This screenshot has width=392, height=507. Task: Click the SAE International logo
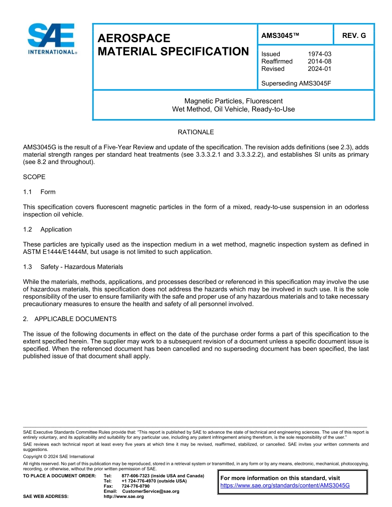point(52,39)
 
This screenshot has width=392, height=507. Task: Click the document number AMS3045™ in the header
point(280,36)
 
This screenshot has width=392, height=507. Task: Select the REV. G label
point(354,36)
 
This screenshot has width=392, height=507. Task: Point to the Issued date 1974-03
point(319,54)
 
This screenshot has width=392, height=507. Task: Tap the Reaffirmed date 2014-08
point(319,61)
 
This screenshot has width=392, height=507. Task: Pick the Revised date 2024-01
point(319,69)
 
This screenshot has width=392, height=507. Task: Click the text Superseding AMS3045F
point(296,84)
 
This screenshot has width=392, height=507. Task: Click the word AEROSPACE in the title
point(134,38)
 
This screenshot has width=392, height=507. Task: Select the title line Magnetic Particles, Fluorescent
point(233,101)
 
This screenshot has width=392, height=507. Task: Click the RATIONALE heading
point(196,132)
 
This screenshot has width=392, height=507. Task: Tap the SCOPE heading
point(34,177)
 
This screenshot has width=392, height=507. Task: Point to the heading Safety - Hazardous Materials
point(81,267)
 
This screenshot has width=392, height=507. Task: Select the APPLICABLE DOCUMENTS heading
point(76,319)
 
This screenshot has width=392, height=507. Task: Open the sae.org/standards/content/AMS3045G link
point(285,486)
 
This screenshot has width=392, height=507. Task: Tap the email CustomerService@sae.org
point(151,491)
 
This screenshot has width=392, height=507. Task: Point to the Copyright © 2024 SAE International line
point(59,457)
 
